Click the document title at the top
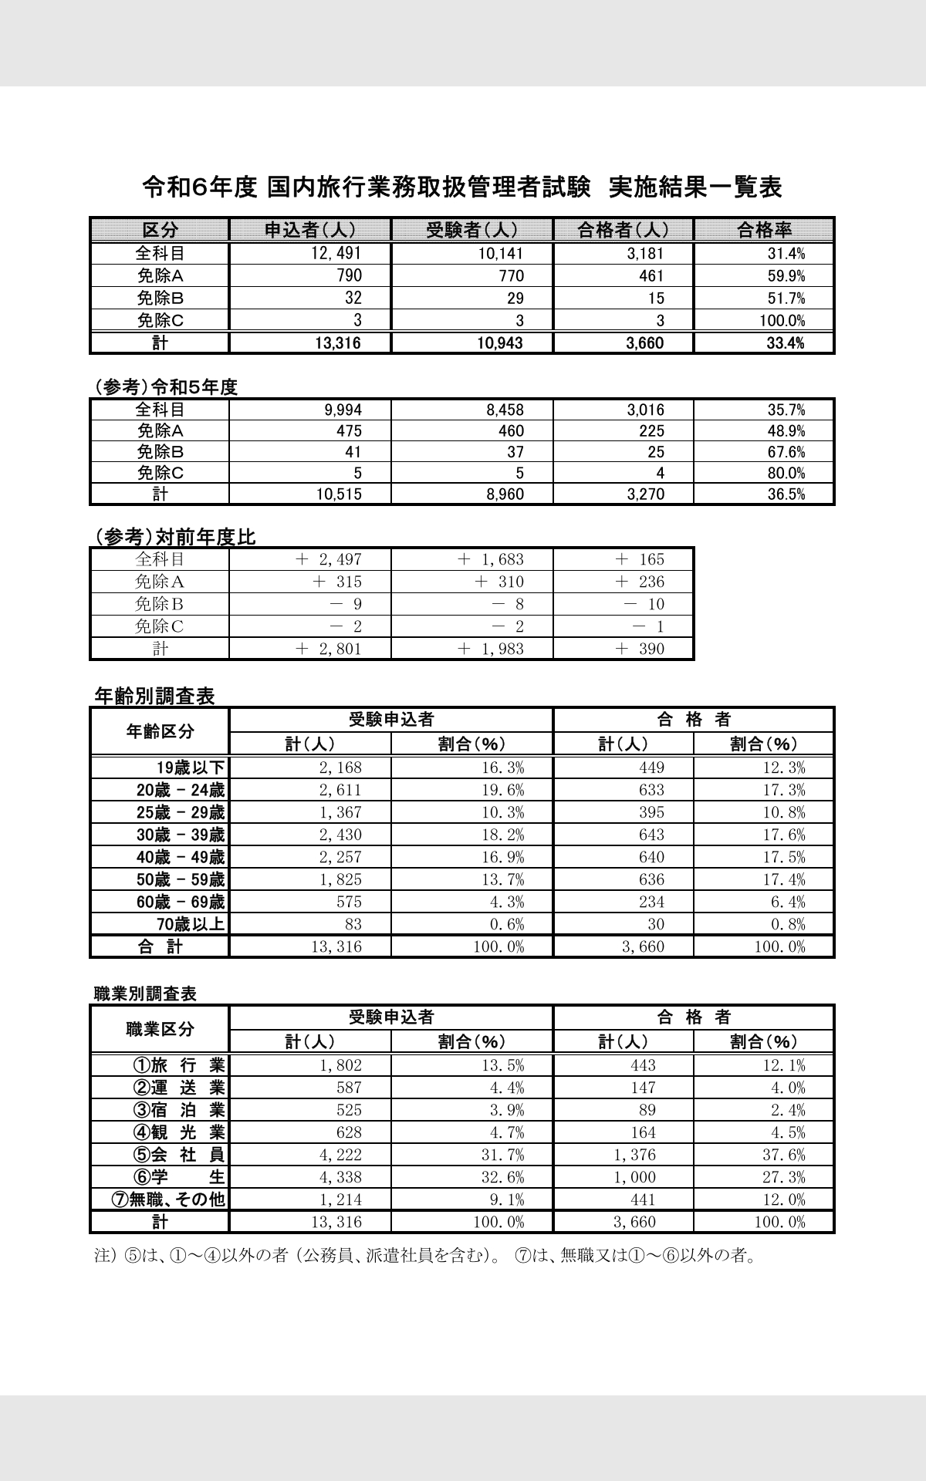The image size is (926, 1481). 462,187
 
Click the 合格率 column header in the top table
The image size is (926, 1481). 764,230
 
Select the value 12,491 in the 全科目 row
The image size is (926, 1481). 336,253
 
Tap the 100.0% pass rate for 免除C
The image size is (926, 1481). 786,321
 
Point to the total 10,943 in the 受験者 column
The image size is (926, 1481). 499,343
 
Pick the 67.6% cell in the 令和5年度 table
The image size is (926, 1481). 786,452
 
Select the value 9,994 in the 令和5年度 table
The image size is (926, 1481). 343,410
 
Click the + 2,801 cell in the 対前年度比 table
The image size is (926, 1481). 329,649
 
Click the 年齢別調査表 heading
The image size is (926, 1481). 154,696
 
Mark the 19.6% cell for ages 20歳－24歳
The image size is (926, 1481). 501,790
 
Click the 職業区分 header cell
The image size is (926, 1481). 160,1029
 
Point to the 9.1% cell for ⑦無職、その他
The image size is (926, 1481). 508,1199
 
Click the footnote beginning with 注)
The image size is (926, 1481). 424,1256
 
